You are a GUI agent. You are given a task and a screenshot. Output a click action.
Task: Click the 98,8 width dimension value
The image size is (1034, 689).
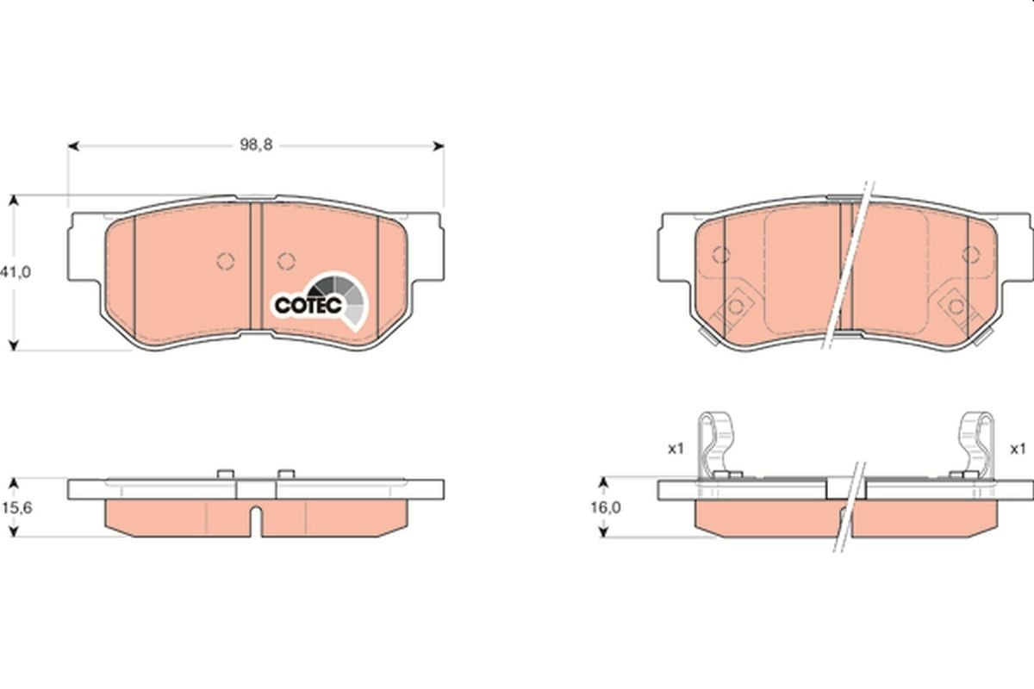(x=256, y=146)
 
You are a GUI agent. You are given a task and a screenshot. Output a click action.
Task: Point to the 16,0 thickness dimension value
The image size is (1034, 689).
(x=605, y=508)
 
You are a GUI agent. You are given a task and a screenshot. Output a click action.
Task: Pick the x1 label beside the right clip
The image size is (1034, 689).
(x=1018, y=449)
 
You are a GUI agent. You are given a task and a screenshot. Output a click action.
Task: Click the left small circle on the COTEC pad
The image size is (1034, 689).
(x=226, y=260)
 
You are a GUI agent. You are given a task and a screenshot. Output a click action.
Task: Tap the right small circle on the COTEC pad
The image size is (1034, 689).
(x=287, y=260)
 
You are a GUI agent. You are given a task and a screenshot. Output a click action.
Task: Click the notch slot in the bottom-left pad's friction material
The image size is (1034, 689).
(x=256, y=522)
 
